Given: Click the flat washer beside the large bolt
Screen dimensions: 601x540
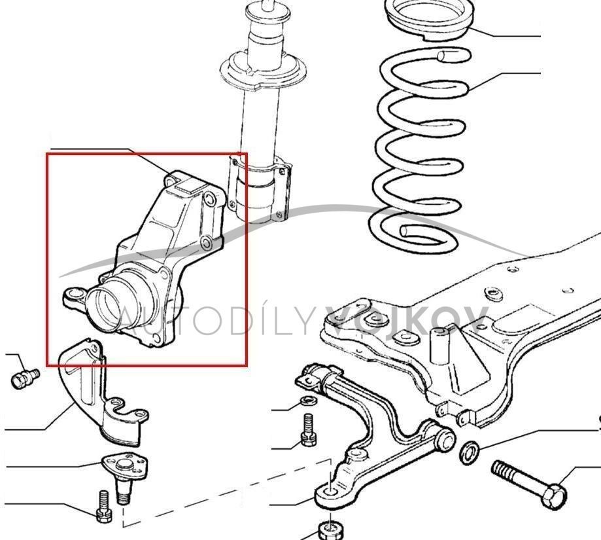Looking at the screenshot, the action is click(470, 453).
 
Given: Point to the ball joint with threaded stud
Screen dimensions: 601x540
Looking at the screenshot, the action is click(125, 476).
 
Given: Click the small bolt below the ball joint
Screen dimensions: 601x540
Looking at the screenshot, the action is click(104, 506).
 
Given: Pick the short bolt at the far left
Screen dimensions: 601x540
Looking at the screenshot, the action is click(25, 378).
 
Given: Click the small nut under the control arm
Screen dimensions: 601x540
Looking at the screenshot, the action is click(330, 531).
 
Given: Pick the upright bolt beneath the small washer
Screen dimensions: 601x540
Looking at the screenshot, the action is click(308, 429).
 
